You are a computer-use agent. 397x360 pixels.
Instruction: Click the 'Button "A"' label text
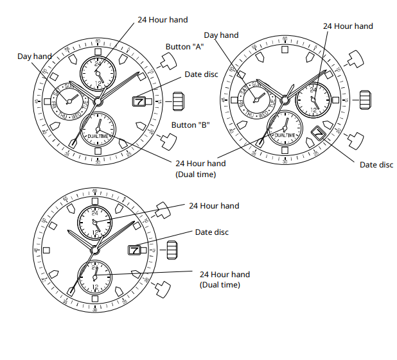pos(185,47)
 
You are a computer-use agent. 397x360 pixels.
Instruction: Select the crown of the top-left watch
pos(178,101)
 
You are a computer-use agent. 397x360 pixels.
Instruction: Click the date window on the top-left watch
pos(139,101)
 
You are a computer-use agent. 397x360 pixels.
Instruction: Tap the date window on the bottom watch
pos(134,249)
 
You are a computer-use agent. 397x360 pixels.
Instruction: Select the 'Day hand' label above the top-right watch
pos(221,35)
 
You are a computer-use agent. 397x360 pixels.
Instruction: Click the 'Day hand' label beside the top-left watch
pos(34,56)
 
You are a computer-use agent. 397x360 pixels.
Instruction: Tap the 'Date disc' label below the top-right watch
pos(376,165)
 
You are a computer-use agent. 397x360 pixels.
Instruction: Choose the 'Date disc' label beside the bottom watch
pos(211,232)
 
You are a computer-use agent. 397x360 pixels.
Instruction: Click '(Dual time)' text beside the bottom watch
pos(220,284)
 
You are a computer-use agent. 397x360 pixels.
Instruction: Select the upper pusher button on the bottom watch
pos(161,209)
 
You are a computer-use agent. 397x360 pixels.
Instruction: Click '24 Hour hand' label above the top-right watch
pos(348,26)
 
